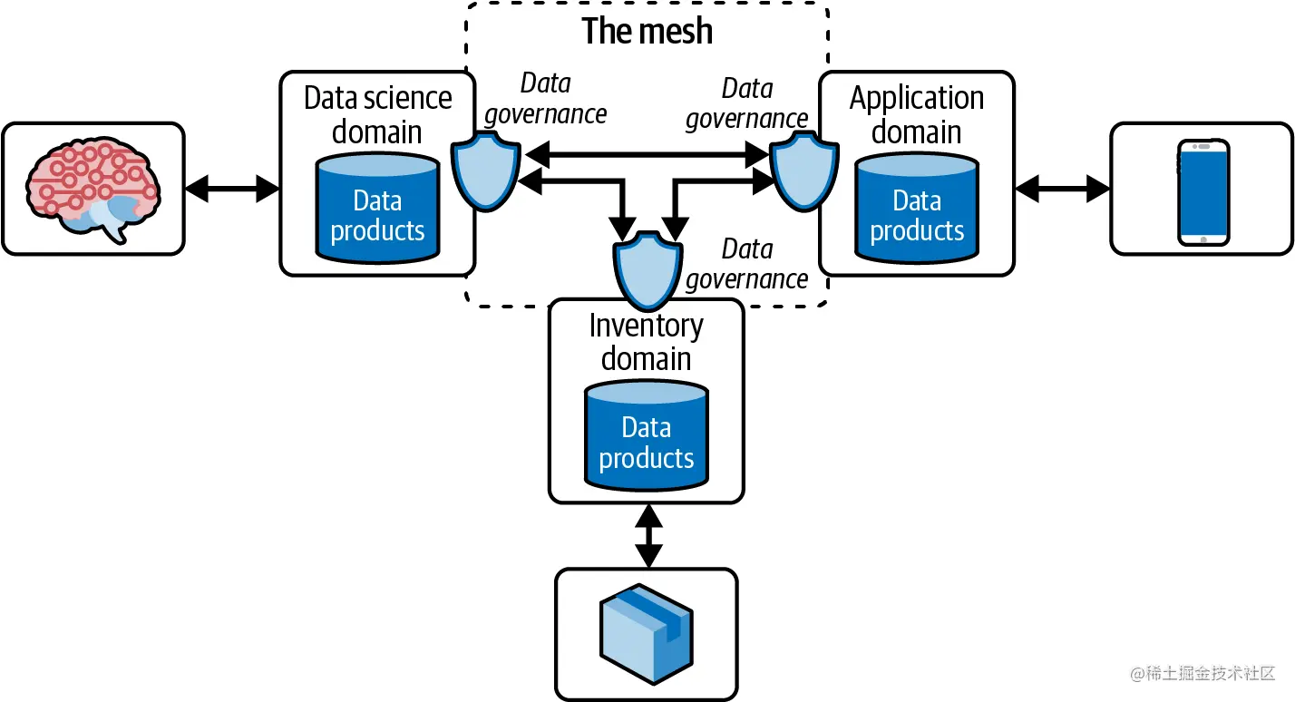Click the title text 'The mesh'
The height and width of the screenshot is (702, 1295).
click(x=647, y=31)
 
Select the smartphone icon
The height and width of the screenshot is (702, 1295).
click(x=1202, y=191)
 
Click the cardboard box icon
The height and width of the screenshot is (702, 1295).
click(x=646, y=632)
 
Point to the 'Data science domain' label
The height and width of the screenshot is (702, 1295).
click(x=377, y=114)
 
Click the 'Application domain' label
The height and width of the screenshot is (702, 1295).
click(x=917, y=114)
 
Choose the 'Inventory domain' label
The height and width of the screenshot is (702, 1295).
click(x=646, y=342)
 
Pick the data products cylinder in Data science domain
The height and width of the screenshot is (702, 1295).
click(x=377, y=209)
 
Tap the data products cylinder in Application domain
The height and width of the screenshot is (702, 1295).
click(x=917, y=209)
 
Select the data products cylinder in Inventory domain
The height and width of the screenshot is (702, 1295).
click(x=646, y=436)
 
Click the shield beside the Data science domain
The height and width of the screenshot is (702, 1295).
click(x=485, y=170)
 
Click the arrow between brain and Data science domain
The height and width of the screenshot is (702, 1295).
click(x=232, y=189)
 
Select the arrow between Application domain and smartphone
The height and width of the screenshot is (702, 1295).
click(x=1062, y=189)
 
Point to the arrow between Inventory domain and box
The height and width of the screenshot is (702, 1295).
click(x=647, y=536)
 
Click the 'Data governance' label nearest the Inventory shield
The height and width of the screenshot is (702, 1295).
click(x=747, y=264)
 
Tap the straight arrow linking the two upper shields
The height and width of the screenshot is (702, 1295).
click(x=647, y=156)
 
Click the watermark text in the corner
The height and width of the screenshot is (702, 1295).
click(x=1202, y=673)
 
